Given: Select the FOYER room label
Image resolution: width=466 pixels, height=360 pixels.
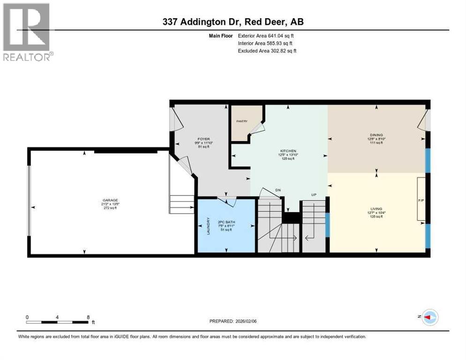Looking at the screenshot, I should (x=203, y=139).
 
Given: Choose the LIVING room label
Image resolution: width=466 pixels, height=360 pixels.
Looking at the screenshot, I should (x=376, y=209).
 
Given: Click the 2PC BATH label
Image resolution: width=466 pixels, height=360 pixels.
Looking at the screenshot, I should (x=225, y=222).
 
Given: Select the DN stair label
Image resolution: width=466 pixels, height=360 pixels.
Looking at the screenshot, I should (x=278, y=190).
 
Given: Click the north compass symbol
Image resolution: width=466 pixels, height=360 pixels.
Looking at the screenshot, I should (x=429, y=317).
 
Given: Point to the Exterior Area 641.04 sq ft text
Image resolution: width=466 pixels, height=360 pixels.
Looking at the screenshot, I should (x=266, y=36).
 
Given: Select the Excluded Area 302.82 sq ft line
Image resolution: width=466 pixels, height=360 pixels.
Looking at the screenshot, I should (x=267, y=51).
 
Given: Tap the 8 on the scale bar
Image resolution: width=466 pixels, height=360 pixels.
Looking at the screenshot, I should (x=88, y=317).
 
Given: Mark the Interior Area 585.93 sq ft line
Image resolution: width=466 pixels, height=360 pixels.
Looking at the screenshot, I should (x=266, y=43).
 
